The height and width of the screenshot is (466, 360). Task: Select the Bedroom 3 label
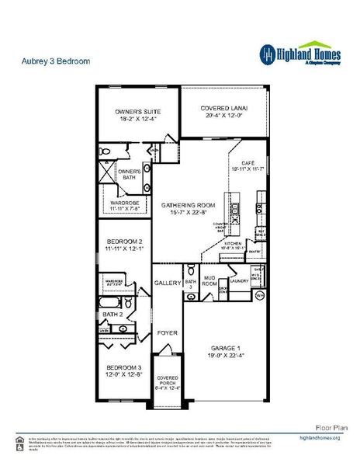coord(124,369)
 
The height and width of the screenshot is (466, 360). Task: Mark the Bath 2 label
coord(113,315)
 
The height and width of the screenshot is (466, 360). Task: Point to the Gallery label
coord(167,283)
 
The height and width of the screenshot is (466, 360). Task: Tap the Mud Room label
coord(209,281)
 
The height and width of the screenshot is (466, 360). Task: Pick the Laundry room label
coord(239,282)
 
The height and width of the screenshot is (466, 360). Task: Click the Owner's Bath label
coord(128,175)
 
